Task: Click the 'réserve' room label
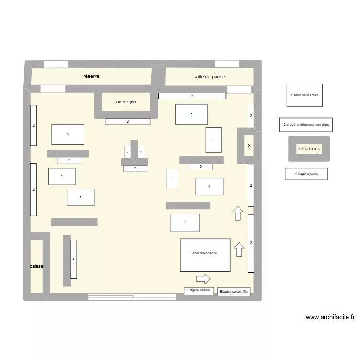tap(91, 76)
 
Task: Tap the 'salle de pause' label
tap(209, 77)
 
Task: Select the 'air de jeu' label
tap(126, 102)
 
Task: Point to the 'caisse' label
tap(36, 266)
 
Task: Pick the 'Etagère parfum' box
tap(199, 291)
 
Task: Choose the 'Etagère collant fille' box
tap(234, 292)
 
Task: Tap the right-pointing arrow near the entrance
tap(204, 278)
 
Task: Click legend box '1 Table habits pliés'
tap(304, 95)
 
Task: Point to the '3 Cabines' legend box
tap(309, 149)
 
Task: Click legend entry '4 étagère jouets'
tap(306, 173)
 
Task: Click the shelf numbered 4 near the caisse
tap(73, 259)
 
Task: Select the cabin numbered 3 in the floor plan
tap(249, 145)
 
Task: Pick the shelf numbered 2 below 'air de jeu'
tap(128, 121)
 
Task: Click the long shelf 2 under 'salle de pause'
tap(192, 96)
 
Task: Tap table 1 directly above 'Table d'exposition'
tap(185, 223)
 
